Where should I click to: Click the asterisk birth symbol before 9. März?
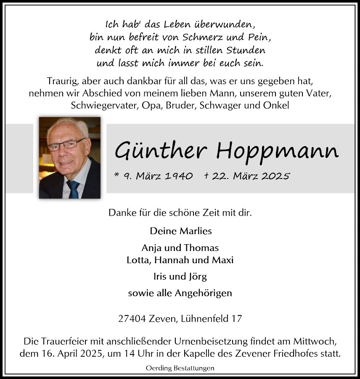116,175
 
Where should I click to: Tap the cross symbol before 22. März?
206,176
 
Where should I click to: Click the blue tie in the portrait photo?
73,189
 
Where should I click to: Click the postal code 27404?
132,319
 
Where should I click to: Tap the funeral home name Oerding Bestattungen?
180,368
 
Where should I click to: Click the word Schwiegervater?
103,105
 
